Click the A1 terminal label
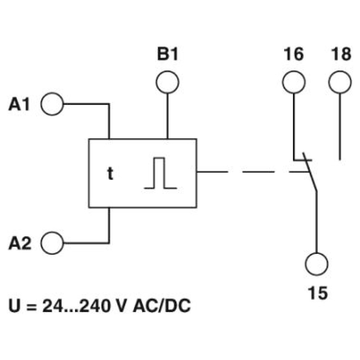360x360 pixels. coord(19,104)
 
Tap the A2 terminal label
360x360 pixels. coord(20,243)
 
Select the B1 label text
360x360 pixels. coord(167,54)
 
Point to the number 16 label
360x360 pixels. coord(294,54)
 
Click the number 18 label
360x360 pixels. coord(341,54)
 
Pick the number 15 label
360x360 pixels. coord(318,293)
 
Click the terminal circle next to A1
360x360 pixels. coord(52,104)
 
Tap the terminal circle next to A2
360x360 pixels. coord(52,243)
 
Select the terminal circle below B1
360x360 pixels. coord(167,82)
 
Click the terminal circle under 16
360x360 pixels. coord(294,82)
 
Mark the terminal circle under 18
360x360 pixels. coord(340,82)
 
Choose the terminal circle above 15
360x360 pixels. coord(317,264)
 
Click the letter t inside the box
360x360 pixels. coord(110,174)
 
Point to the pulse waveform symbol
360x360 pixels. coord(161,173)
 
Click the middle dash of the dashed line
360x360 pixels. coord(258,171)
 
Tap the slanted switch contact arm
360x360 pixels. coord(310,172)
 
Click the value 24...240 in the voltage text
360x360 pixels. coord(76,306)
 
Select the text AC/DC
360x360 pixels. coord(162,306)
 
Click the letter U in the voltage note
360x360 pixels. coord(14,306)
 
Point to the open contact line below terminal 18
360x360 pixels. coord(340,127)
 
